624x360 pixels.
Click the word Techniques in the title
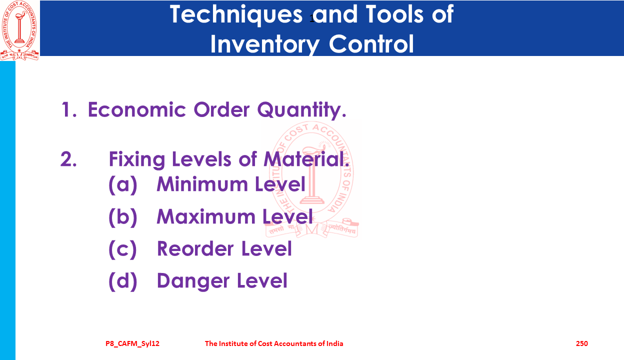236,15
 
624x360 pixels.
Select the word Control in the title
371,44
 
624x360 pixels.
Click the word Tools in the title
394,14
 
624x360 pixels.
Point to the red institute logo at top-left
19,30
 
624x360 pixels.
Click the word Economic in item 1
137,109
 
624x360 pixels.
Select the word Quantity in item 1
302,110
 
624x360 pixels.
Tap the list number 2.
68,159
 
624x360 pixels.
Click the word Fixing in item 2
137,159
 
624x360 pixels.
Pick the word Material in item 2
306,159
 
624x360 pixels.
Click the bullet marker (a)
123,184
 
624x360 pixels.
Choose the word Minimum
202,184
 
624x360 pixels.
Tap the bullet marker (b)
123,217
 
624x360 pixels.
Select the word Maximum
206,216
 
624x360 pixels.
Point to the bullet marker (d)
123,281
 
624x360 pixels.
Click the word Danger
193,281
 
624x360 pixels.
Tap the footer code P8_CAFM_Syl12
132,344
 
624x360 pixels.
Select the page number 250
581,343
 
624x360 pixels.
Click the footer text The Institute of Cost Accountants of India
274,343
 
